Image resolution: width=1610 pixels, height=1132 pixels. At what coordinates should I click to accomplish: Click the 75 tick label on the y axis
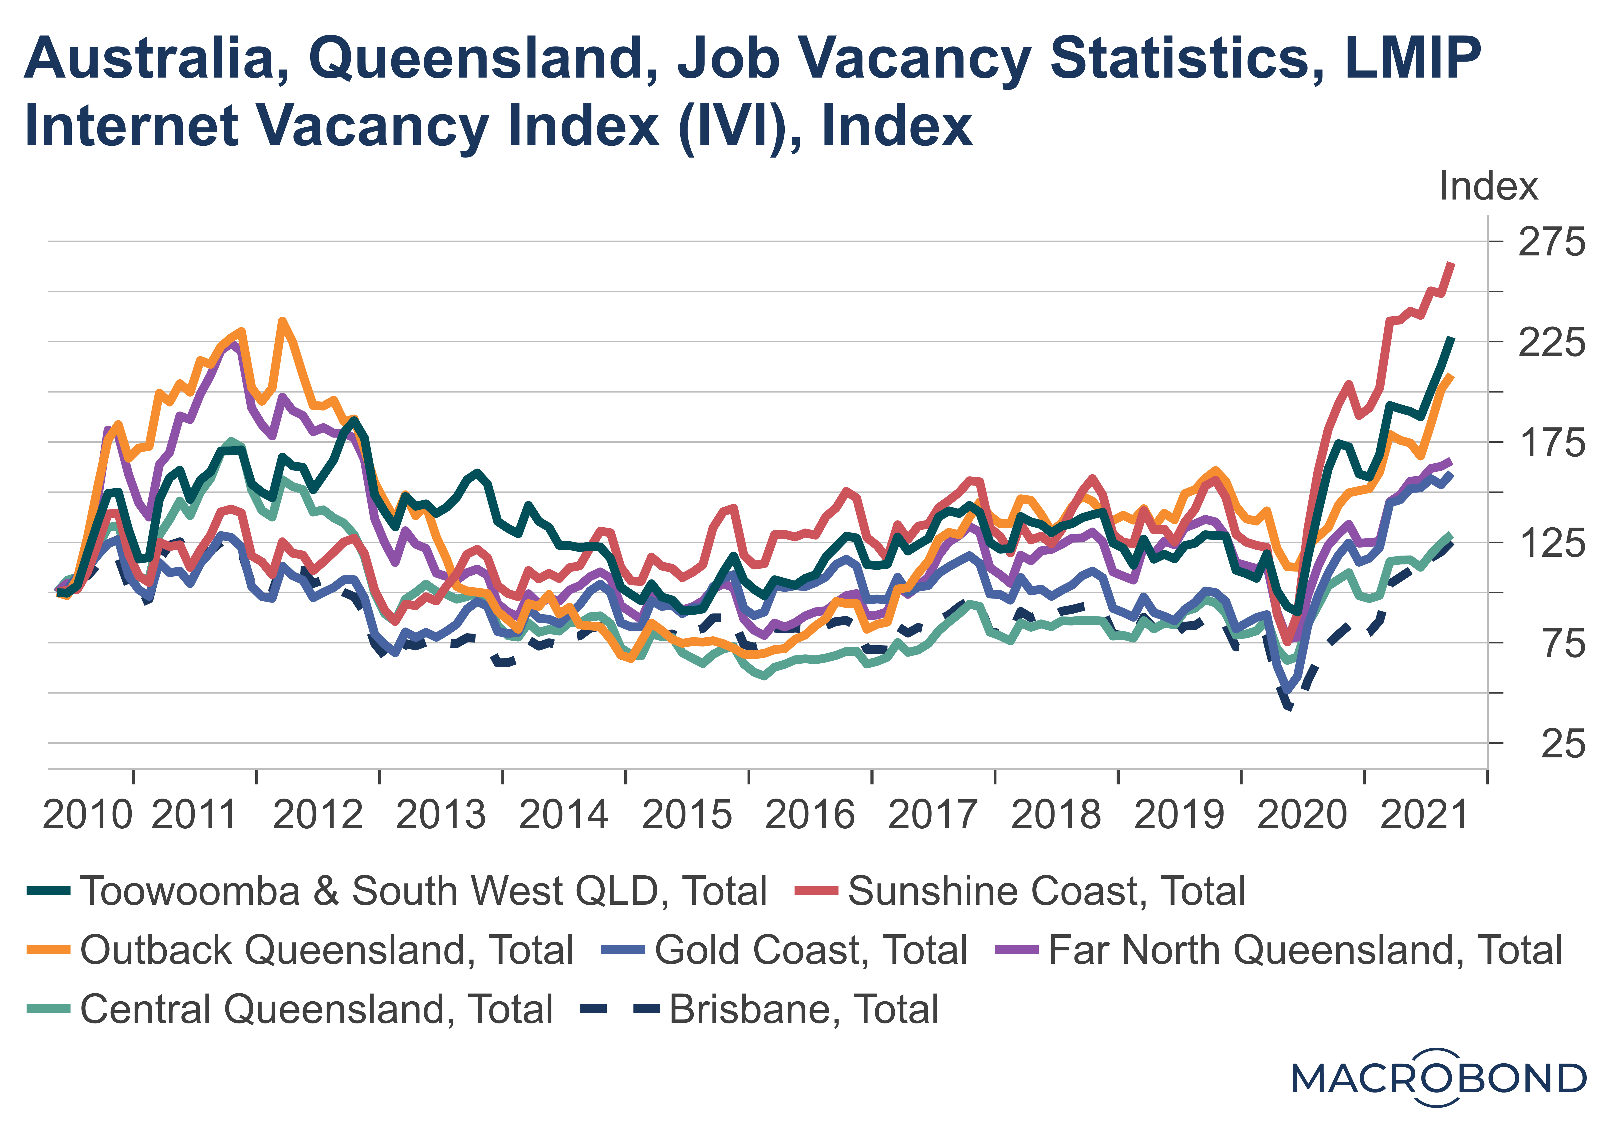click(x=1562, y=643)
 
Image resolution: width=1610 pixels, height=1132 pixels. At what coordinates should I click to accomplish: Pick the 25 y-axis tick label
click(x=1562, y=744)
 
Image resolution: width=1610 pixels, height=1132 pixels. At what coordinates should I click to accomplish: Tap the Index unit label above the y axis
click(x=1488, y=186)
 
